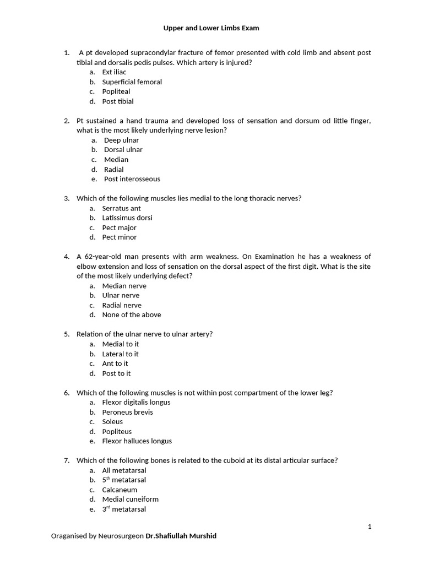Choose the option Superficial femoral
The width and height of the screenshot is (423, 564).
(x=132, y=82)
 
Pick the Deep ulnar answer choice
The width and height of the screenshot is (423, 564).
(x=121, y=140)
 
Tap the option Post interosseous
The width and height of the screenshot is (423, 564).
(x=132, y=179)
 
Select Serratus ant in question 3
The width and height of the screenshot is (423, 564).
(x=121, y=208)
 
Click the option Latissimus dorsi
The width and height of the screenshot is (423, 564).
(x=127, y=218)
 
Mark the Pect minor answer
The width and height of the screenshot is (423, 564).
(x=119, y=237)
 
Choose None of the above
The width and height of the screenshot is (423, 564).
(x=132, y=315)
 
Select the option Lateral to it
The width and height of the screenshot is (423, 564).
(x=120, y=354)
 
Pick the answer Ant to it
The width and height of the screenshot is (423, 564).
(x=115, y=364)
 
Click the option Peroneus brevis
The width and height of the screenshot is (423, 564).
(x=127, y=412)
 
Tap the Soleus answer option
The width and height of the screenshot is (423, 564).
(x=112, y=422)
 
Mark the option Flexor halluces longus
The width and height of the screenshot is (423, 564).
(x=137, y=441)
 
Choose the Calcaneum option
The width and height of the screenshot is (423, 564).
(x=120, y=490)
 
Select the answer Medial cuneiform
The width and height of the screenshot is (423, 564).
(x=130, y=500)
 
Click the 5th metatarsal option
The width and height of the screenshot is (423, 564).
(x=124, y=480)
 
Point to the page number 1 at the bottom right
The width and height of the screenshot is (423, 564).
(x=370, y=527)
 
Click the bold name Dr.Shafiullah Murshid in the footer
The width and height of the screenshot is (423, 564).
(x=181, y=536)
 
